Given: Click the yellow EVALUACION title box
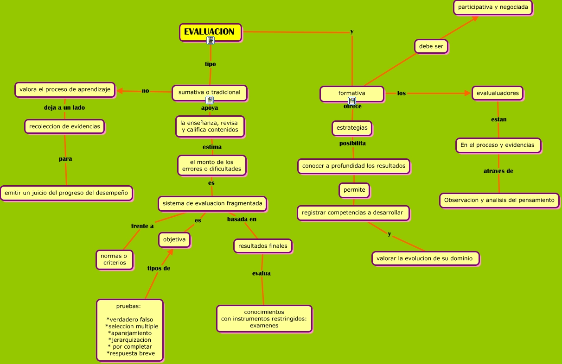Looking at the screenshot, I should pyautogui.click(x=210, y=32).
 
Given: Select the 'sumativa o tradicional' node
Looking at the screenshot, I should pyautogui.click(x=209, y=92).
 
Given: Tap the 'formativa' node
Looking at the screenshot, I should pyautogui.click(x=351, y=93).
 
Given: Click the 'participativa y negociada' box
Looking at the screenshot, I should pyautogui.click(x=492, y=7).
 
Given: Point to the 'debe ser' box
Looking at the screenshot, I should pyautogui.click(x=431, y=46).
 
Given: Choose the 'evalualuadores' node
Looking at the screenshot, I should pyautogui.click(x=498, y=93).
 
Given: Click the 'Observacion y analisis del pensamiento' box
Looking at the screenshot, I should pyautogui.click(x=499, y=201).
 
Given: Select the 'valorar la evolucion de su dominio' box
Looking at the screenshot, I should pyautogui.click(x=425, y=258).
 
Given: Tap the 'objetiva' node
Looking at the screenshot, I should pyautogui.click(x=174, y=239).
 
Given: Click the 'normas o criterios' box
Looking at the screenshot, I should pyautogui.click(x=115, y=259).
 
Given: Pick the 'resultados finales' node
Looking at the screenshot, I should pyautogui.click(x=262, y=246).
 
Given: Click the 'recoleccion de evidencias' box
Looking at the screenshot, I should pyautogui.click(x=64, y=126).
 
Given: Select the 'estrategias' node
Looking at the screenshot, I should pyautogui.click(x=351, y=127).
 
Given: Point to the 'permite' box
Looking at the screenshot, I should pyautogui.click(x=354, y=189).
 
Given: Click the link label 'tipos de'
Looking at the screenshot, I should pyautogui.click(x=159, y=268).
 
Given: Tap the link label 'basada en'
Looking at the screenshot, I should pyautogui.click(x=242, y=219).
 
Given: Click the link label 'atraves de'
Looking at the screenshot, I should pyautogui.click(x=498, y=171).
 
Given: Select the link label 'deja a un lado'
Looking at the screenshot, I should pyautogui.click(x=64, y=107).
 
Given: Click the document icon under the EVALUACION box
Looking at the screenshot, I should pyautogui.click(x=211, y=40).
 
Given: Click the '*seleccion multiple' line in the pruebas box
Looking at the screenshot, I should pyautogui.click(x=132, y=326).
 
